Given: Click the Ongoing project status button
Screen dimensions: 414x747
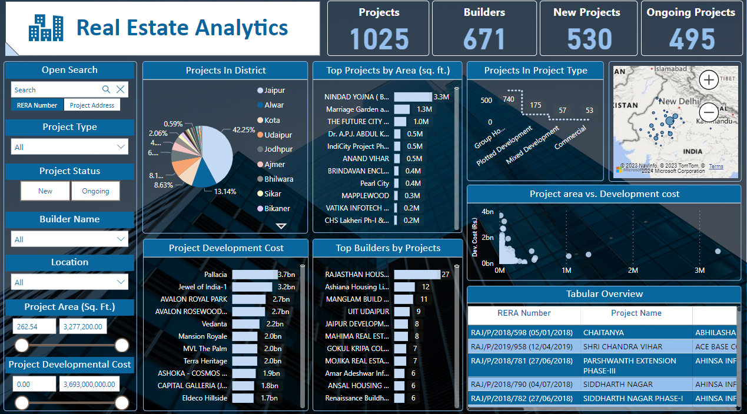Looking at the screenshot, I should coord(95,191).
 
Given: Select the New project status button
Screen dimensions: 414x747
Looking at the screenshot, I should coord(45,191).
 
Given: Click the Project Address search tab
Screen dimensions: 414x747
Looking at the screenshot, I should coord(92,105).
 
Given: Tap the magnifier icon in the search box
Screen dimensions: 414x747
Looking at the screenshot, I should coord(107,89).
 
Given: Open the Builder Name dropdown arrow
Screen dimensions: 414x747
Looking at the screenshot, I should coord(121,239).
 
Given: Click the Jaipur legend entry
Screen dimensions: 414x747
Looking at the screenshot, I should coord(274,91).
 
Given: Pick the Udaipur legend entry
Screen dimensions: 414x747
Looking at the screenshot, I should coord(278,135).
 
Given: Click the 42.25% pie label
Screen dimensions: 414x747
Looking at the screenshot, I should coord(244,130).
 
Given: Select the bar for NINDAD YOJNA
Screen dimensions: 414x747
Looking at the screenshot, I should coord(413,96).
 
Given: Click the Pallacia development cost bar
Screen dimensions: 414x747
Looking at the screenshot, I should coord(254,275).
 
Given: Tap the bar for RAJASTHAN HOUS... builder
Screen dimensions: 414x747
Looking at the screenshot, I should coord(417,275).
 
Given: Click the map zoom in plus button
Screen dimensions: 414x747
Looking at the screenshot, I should coord(709,79).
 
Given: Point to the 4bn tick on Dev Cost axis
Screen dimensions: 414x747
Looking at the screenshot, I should coord(487,212).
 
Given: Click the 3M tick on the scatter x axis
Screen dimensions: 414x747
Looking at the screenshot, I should coord(699,271).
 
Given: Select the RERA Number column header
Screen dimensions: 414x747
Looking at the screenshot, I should coord(524,313).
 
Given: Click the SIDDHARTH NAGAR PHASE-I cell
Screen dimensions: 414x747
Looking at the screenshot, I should coord(633,398).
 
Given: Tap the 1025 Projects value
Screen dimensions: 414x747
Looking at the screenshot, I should coord(379,39).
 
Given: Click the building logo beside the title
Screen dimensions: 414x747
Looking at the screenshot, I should coord(46,28).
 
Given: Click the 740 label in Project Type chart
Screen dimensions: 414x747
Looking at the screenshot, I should coord(509,99).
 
